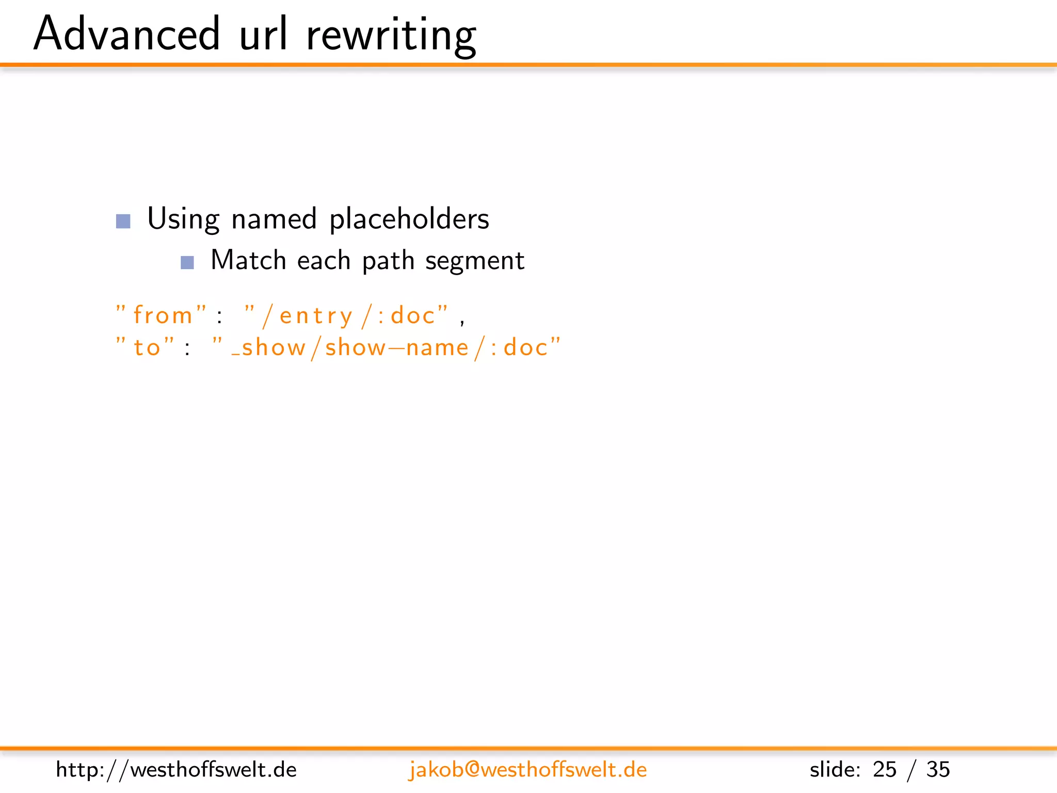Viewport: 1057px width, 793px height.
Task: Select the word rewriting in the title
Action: (391, 35)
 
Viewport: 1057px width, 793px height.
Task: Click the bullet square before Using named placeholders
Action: (123, 221)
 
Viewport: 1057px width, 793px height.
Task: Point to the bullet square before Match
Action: (187, 263)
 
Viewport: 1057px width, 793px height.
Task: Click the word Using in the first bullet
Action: (183, 219)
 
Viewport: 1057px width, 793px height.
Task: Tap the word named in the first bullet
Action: (274, 219)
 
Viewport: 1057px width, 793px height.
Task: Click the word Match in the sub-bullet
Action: (248, 260)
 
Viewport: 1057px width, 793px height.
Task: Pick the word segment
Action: (474, 261)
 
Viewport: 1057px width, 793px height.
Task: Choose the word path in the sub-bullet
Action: (388, 261)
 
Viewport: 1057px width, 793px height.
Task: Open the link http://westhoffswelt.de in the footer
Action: (176, 770)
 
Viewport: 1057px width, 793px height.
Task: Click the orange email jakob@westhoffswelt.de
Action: (527, 770)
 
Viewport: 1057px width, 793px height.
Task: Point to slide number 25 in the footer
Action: (884, 770)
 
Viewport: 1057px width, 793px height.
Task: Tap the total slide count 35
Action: (938, 770)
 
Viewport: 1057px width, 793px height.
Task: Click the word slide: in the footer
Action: (835, 770)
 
